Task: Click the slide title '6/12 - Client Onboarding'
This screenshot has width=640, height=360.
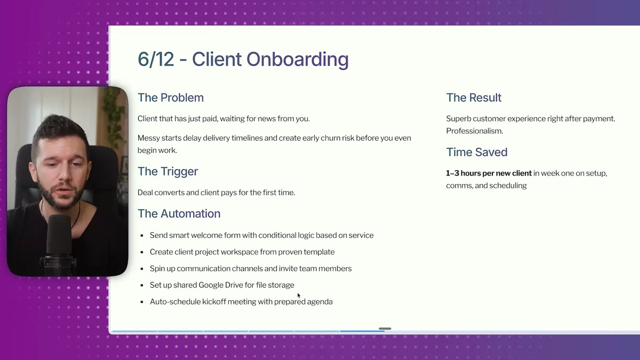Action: (x=243, y=59)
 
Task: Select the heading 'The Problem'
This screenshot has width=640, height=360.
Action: (x=171, y=98)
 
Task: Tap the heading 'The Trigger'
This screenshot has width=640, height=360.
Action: (x=167, y=171)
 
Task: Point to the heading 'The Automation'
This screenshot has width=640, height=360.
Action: (x=179, y=213)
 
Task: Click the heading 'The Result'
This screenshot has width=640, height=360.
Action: (x=474, y=98)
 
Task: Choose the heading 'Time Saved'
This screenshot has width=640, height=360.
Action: (x=476, y=152)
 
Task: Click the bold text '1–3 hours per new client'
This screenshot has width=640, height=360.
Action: (x=489, y=173)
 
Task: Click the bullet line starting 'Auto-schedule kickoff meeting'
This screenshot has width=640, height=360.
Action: (x=241, y=301)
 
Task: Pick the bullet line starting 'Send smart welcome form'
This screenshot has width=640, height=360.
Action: (x=261, y=235)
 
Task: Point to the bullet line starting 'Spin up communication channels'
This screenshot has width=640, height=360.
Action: (x=251, y=268)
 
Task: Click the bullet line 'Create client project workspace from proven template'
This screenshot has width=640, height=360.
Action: (x=242, y=252)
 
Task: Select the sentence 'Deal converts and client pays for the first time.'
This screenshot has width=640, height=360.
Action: (x=216, y=192)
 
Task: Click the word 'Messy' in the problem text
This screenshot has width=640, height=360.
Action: (x=149, y=138)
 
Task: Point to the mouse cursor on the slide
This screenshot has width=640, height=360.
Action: (x=299, y=295)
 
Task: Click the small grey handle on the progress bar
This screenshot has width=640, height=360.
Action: (x=385, y=329)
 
